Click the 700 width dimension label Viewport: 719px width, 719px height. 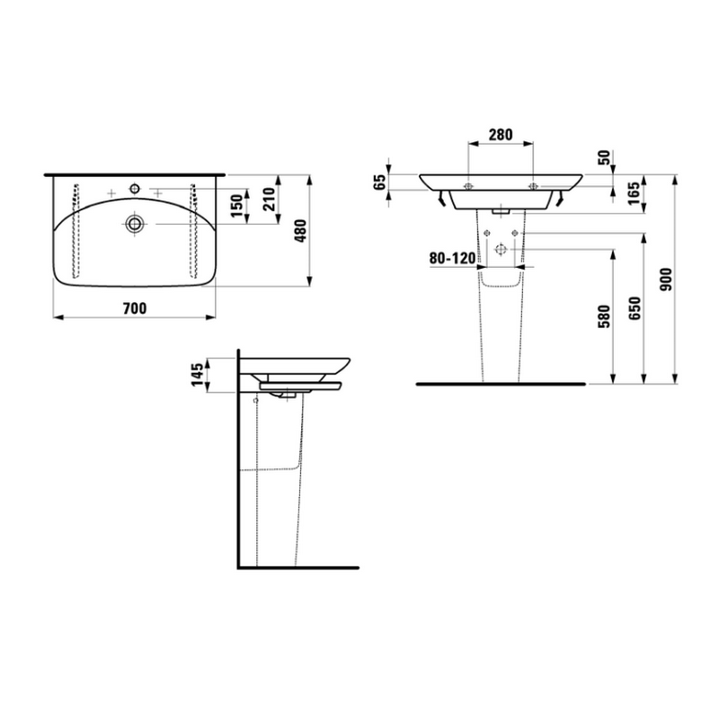pyautogui.click(x=135, y=308)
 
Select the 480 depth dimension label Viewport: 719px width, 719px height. pyautogui.click(x=300, y=231)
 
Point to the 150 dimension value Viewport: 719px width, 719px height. pyautogui.click(x=236, y=207)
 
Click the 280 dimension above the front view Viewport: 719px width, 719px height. pyautogui.click(x=501, y=135)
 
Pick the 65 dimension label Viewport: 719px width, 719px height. pyautogui.click(x=380, y=182)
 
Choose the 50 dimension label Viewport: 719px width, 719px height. pyautogui.click(x=605, y=157)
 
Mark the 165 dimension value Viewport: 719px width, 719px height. pyautogui.click(x=634, y=193)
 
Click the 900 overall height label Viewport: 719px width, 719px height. pyautogui.click(x=665, y=280)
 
